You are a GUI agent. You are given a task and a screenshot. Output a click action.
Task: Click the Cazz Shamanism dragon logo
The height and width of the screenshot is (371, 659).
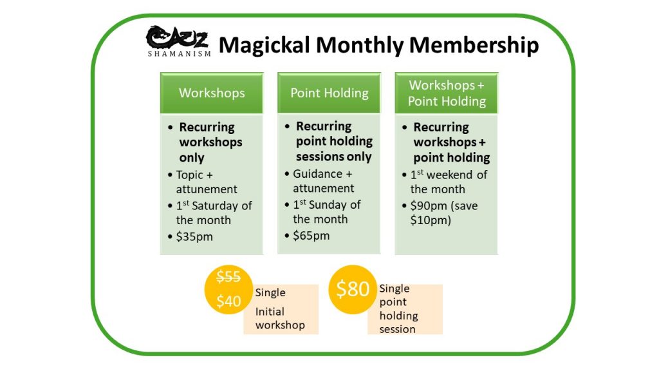pos(178,41)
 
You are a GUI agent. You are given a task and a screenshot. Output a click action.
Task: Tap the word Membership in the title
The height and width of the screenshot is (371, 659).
pos(474,46)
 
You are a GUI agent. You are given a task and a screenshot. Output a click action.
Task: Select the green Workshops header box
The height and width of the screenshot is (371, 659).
pos(211,93)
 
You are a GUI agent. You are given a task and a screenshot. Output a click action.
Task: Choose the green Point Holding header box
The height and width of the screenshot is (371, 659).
pos(329,93)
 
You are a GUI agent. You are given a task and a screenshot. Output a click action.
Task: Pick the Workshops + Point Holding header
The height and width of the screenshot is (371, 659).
pos(447,93)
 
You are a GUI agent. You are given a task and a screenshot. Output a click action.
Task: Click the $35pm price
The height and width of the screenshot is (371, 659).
pos(194,236)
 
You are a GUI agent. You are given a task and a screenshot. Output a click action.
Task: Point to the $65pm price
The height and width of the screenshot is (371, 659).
pos(311,236)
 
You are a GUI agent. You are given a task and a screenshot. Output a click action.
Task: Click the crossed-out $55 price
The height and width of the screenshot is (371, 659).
pos(228,276)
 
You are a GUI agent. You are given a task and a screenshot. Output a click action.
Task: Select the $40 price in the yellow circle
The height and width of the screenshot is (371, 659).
pos(228,301)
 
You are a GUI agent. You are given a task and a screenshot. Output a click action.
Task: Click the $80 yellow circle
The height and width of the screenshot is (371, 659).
pos(353,289)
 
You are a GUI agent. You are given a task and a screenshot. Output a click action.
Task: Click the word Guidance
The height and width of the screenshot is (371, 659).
pos(318,174)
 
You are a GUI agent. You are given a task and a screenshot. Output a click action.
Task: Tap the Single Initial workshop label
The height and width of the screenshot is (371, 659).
pos(280,309)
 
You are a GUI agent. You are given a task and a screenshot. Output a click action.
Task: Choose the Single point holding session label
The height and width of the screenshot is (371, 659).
pos(398,309)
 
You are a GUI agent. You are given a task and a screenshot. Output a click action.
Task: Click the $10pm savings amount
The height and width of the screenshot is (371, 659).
pos(431,220)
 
